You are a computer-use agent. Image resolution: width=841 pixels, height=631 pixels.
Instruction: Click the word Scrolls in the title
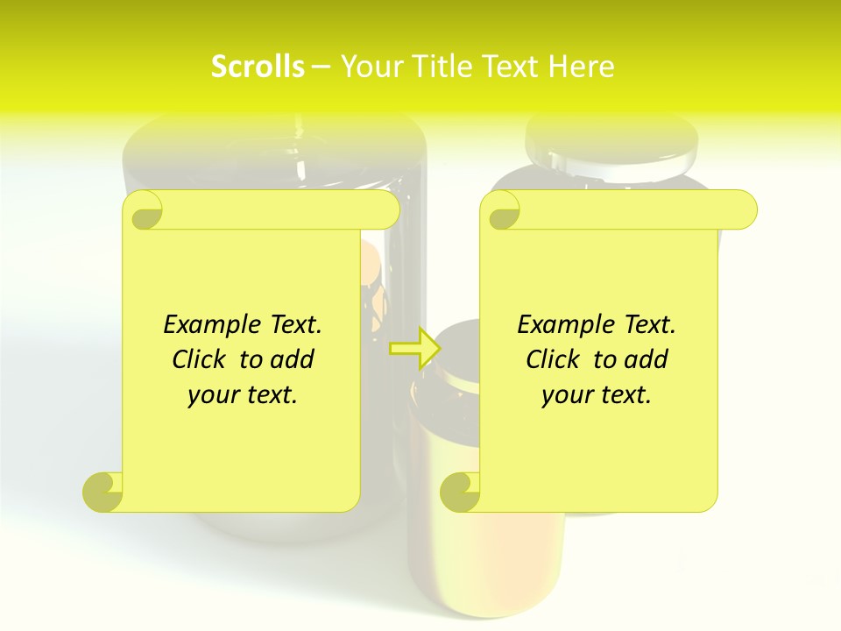pyautogui.click(x=258, y=67)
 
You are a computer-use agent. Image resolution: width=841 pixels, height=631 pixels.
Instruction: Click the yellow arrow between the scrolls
pyautogui.click(x=413, y=348)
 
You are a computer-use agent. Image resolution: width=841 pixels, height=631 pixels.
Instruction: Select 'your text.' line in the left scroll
pyautogui.click(x=243, y=394)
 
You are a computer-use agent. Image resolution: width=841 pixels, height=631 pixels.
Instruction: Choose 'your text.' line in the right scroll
pyautogui.click(x=597, y=394)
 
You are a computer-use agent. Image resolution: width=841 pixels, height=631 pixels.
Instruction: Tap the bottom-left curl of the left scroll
pyautogui.click(x=103, y=491)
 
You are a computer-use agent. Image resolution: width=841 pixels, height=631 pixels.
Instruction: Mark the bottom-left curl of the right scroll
pyautogui.click(x=461, y=491)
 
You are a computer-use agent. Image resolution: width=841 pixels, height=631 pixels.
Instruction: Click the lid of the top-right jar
pyautogui.click(x=611, y=145)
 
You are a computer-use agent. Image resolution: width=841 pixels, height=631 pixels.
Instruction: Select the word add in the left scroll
pyautogui.click(x=292, y=359)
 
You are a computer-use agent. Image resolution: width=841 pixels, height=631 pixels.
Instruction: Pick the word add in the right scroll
pyautogui.click(x=646, y=359)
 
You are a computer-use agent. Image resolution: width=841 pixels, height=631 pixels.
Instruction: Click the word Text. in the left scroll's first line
pyautogui.click(x=292, y=324)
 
